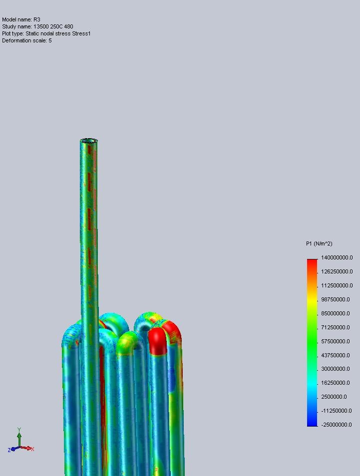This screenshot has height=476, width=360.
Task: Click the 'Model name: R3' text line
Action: click(21, 19)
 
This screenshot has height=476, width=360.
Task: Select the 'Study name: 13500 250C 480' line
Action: click(37, 26)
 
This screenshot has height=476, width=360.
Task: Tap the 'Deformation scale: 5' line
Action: click(27, 40)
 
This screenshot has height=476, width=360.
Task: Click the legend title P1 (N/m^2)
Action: click(319, 243)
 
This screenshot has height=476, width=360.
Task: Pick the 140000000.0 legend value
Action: click(337, 257)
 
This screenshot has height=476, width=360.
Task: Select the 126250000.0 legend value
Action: click(337, 271)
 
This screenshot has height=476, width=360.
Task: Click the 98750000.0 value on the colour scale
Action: click(335, 299)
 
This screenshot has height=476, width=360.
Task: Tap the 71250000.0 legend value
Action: click(335, 327)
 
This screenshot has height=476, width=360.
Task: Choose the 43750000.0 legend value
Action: click(335, 355)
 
